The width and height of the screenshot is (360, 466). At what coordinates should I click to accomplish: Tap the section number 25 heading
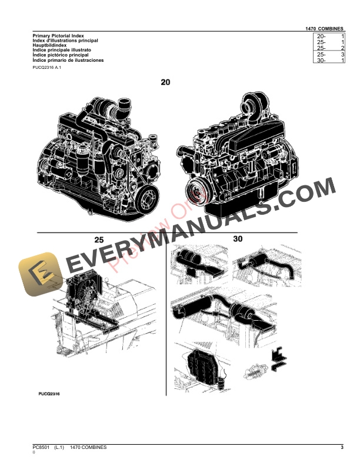click(99, 239)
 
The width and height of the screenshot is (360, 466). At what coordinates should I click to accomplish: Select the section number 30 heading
click(237, 239)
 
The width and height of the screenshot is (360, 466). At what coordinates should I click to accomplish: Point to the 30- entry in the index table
click(321, 61)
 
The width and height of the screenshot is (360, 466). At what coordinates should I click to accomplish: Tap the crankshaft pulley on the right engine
click(195, 189)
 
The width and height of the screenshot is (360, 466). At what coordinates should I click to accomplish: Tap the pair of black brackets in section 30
click(275, 360)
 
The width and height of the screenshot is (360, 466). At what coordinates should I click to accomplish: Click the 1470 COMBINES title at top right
click(325, 28)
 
